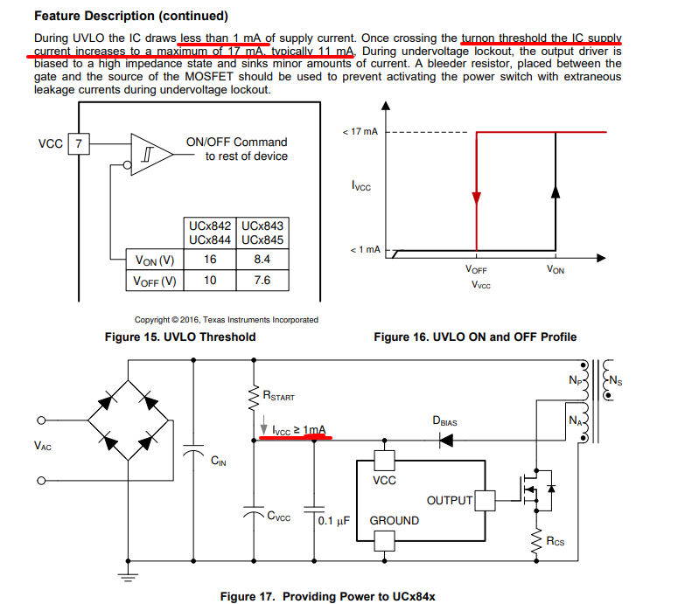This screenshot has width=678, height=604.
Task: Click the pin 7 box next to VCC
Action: [x=79, y=144]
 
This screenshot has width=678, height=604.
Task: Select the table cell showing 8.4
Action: [x=262, y=260]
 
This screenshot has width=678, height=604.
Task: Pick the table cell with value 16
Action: [x=210, y=260]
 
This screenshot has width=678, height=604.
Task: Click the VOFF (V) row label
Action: [x=155, y=281]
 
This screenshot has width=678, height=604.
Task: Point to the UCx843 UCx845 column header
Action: [x=262, y=233]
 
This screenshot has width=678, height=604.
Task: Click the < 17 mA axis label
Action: [x=360, y=131]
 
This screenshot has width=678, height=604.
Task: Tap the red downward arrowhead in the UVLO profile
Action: [x=477, y=198]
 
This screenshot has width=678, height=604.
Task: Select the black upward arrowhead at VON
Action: [x=556, y=191]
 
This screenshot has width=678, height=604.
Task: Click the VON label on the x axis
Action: [x=556, y=269]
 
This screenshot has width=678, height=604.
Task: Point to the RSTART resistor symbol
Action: [x=254, y=398]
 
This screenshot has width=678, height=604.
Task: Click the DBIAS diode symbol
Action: [x=446, y=441]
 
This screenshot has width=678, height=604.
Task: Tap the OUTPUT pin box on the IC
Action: [x=485, y=501]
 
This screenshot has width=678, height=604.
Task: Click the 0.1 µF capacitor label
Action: [x=334, y=521]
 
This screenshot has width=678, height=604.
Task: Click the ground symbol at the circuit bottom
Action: [x=128, y=578]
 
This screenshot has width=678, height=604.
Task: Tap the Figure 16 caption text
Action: [x=475, y=337]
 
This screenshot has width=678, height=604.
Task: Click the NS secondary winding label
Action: [x=615, y=380]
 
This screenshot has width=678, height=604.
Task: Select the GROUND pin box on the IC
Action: [x=384, y=540]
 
